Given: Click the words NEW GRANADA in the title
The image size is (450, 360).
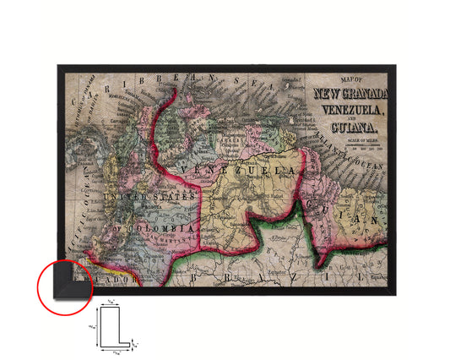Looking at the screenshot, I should click(350, 92).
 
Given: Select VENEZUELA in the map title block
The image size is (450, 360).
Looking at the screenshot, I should click(350, 109).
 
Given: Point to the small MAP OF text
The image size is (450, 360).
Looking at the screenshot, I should click(349, 79).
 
